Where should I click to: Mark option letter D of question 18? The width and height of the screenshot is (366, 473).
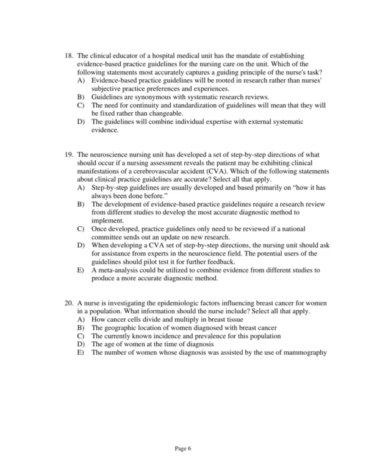tap(81, 122)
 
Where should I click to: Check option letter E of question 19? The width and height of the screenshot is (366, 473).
tap(81, 271)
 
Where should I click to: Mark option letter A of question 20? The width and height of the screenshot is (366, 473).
tap(81, 319)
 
